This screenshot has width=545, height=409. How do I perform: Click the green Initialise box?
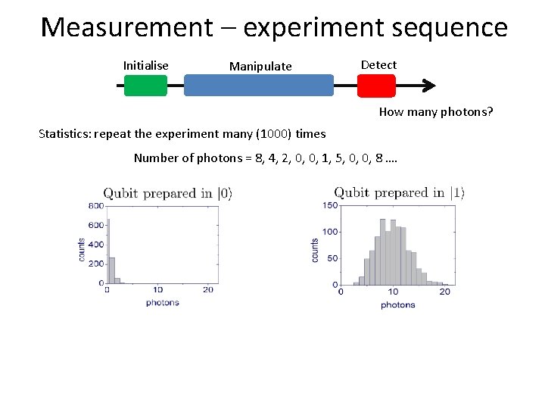pos(145,86)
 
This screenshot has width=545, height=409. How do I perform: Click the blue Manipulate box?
pos(259,86)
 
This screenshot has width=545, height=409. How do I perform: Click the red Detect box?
pos(375,86)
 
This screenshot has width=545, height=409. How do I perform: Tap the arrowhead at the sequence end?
pos(429,86)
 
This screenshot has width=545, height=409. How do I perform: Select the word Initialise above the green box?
pos(145,66)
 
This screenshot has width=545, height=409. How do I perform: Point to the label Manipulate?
pos(260,67)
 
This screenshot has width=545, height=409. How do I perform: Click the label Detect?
pos(378,65)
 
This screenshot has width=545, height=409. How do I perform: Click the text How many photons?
pos(436,113)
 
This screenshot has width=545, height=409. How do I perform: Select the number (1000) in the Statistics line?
pos(274,134)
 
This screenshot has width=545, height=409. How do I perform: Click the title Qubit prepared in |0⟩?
pos(167,193)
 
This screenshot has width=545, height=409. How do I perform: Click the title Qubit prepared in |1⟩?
pos(398,192)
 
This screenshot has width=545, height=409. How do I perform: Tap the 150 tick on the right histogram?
pos(330,205)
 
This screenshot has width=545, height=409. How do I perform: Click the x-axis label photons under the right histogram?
pos(397,304)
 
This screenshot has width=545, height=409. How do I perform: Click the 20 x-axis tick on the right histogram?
pos(444,292)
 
